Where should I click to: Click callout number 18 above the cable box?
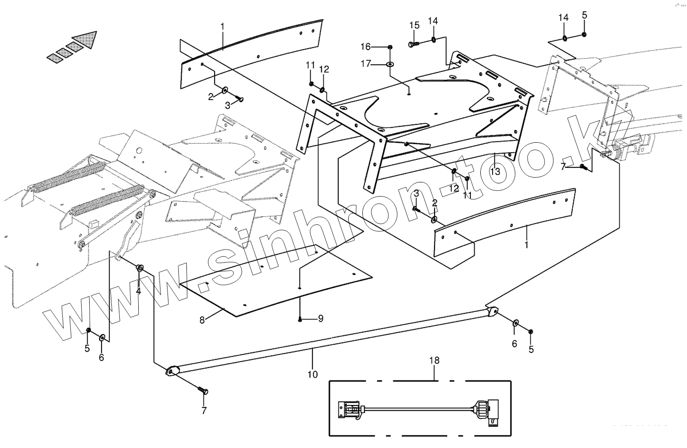tap(434, 361)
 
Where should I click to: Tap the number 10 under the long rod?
tap(312, 374)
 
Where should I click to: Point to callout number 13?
tap(494, 172)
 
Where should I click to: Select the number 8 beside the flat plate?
tap(202, 320)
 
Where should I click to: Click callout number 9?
tap(320, 319)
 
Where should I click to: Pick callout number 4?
tap(138, 291)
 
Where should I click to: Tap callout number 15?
tap(414, 25)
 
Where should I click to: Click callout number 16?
tap(366, 46)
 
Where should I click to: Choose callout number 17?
tap(366, 63)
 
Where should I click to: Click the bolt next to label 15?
tap(413, 44)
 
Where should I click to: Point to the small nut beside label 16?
tap(390, 46)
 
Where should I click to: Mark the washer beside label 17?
tap(390, 64)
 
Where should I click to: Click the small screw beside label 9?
tap(300, 319)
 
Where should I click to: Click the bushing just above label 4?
tap(140, 268)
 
